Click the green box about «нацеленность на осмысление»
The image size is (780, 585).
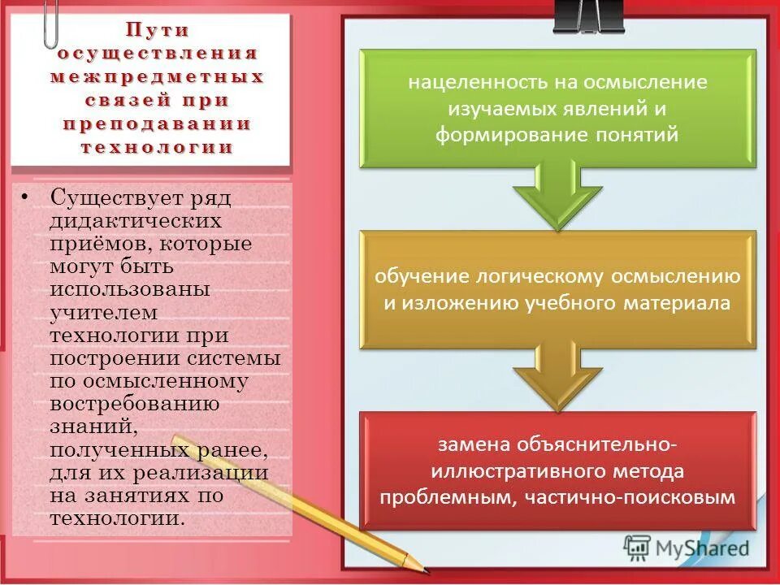click(557, 108)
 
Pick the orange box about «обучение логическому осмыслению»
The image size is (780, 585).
click(557, 289)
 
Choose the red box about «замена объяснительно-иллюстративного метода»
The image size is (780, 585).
click(557, 471)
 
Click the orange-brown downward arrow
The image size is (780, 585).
click(557, 375)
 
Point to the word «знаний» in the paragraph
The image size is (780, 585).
click(85, 427)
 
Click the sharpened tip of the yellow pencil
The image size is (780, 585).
click(423, 566)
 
